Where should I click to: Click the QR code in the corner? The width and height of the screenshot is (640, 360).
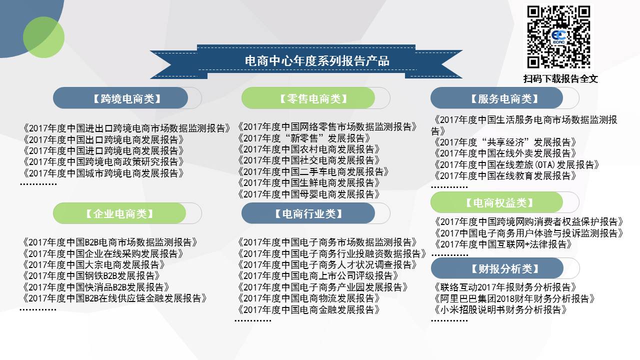pos(558,37)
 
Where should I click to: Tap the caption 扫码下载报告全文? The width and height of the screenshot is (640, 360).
pos(560,78)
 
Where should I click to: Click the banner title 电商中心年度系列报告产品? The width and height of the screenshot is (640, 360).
pos(317,61)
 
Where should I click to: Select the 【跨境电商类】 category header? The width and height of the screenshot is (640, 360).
pos(127,99)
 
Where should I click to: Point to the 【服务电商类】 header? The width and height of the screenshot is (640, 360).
pos(504,99)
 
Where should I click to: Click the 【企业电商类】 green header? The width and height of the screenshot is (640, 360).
pos(120,213)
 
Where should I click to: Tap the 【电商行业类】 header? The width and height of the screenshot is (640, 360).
pos(308,213)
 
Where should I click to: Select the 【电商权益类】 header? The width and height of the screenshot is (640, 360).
pos(499,202)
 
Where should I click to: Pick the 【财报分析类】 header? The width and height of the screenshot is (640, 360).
pos(505,268)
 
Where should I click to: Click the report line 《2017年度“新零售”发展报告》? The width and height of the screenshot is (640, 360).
pos(304,138)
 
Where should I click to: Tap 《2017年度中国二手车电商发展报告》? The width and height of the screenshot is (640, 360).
pos(313,171)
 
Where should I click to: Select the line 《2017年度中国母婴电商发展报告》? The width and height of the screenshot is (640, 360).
pos(308,194)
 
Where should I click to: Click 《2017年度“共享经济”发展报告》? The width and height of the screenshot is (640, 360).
pos(505,142)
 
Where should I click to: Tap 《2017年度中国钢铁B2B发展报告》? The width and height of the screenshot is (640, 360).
pos(91,275)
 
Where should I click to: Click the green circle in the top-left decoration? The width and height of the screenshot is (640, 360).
pos(43,37)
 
